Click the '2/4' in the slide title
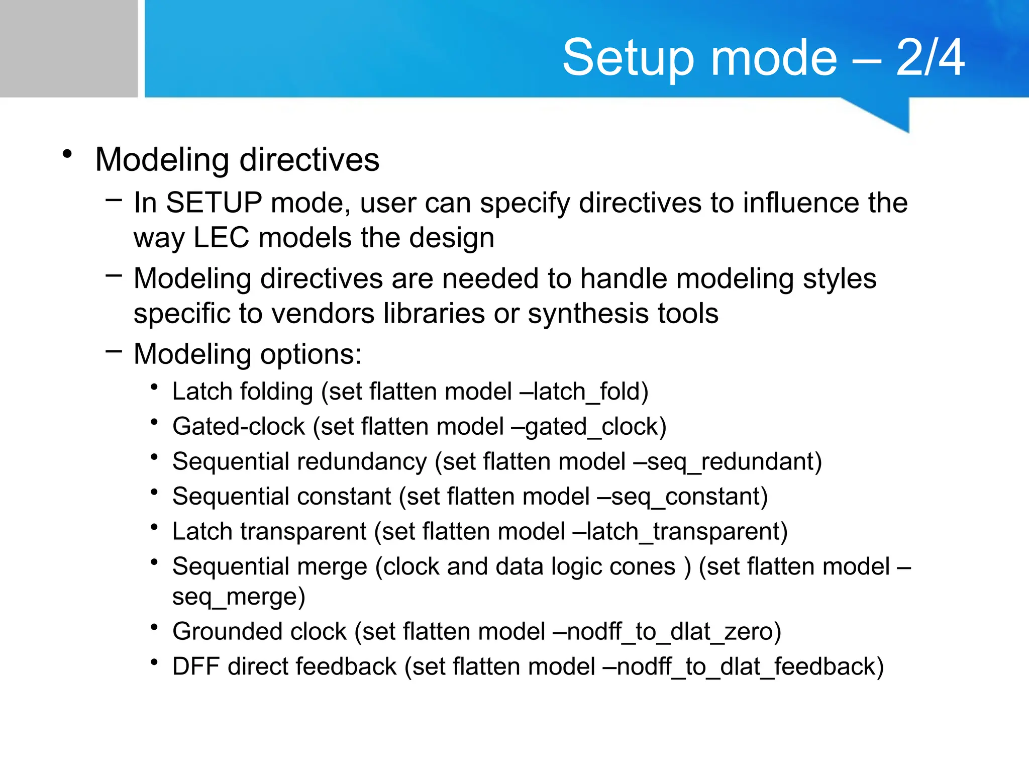pos(930,58)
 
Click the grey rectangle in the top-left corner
pos(68,48)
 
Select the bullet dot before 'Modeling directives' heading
pos(67,154)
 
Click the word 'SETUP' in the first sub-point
pos(214,203)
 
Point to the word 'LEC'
pos(221,238)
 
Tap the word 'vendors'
pos(323,314)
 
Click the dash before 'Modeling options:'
pos(114,351)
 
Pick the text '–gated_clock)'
pos(588,427)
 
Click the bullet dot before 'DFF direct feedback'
pos(155,662)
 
